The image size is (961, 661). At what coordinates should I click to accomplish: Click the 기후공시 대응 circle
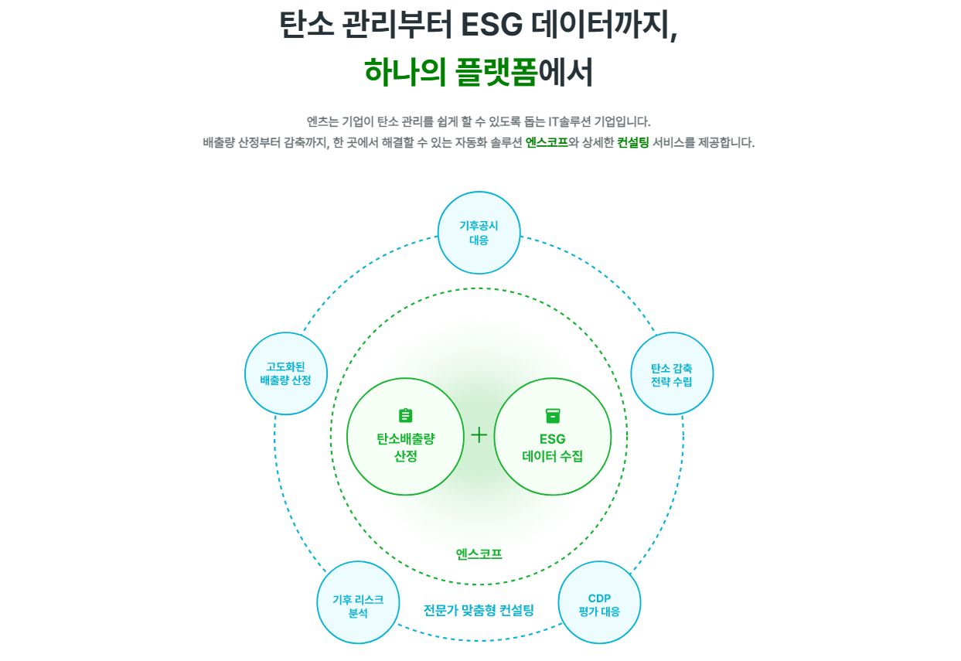coord(479,233)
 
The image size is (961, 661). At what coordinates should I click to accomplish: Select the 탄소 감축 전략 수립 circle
coord(672,374)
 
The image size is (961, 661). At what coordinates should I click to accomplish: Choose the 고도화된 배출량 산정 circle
coord(286,373)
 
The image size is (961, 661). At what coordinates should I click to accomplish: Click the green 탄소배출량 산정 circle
coord(405,437)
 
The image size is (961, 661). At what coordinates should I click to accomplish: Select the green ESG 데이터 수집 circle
coord(552,437)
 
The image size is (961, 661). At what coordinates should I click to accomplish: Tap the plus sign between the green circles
coord(479,434)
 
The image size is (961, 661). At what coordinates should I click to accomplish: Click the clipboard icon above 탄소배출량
coord(405,416)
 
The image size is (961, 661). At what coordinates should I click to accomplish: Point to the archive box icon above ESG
coord(552,416)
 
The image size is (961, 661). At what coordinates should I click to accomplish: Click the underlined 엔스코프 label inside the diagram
coord(479,554)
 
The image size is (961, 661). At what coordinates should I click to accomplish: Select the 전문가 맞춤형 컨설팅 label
coord(479,610)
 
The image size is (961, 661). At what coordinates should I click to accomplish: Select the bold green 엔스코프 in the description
coord(547,143)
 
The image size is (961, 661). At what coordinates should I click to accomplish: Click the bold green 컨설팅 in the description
coord(632,143)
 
